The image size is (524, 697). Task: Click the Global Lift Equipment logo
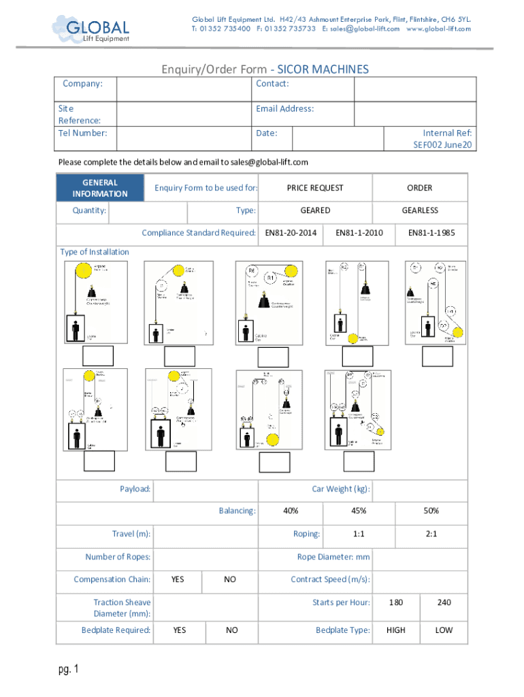tap(91, 30)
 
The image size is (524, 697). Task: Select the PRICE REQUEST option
tap(315, 188)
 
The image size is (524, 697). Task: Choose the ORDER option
tap(420, 188)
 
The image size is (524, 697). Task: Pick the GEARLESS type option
tap(420, 210)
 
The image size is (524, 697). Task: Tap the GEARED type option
tap(315, 210)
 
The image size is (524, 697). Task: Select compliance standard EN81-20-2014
tap(291, 233)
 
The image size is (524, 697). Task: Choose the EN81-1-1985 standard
tap(431, 233)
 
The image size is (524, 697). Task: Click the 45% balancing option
tap(359, 510)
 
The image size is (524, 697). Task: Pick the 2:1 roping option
tap(431, 534)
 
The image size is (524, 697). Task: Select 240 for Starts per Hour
tap(444, 602)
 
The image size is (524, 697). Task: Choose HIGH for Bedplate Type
tap(395, 630)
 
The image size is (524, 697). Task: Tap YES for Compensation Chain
tap(178, 579)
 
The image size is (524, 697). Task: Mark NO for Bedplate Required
tap(232, 630)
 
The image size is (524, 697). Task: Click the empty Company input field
tap(183, 88)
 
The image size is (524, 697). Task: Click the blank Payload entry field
tap(205, 489)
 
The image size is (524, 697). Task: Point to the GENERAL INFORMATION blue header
tap(100, 188)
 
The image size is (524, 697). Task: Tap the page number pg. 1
tap(69, 670)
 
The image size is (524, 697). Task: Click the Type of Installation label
tap(95, 252)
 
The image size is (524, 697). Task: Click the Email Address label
tap(284, 109)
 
